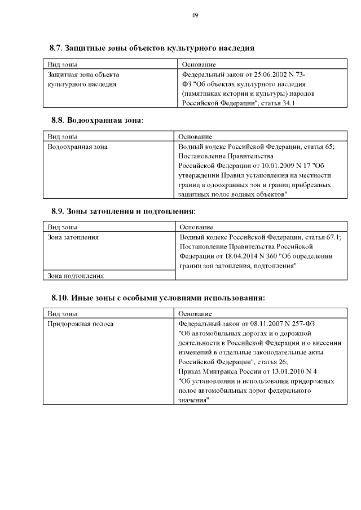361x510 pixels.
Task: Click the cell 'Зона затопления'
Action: (x=73, y=238)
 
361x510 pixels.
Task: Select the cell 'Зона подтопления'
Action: (x=76, y=276)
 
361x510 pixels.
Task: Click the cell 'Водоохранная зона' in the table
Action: (x=78, y=147)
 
